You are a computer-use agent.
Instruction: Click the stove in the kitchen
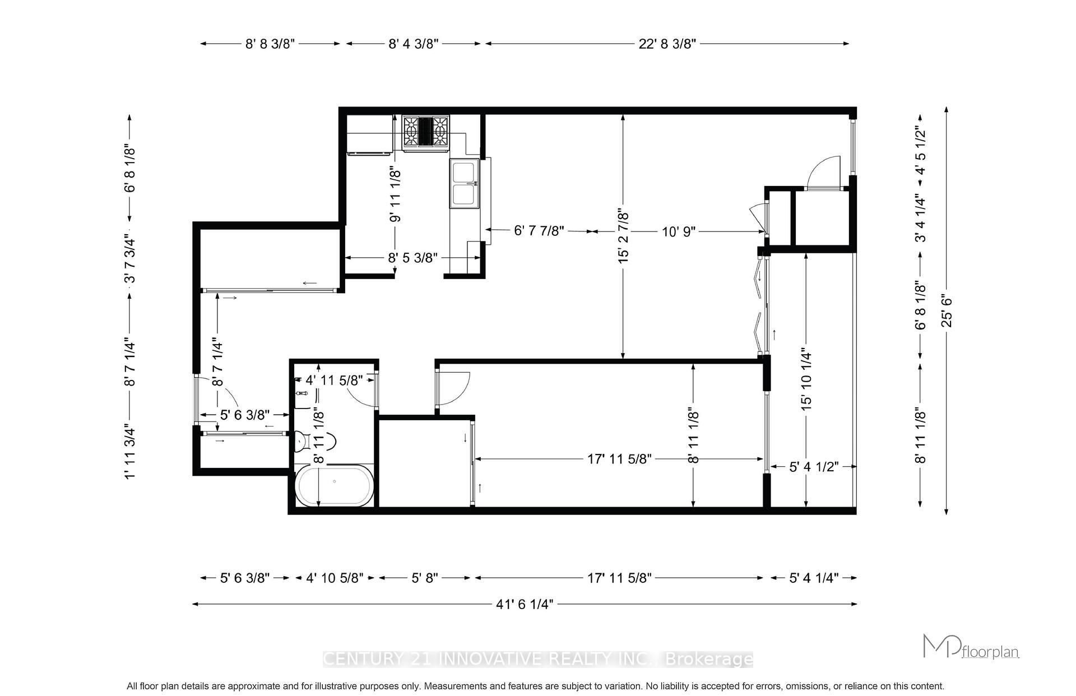click(426, 133)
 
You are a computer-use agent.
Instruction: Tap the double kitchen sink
click(464, 183)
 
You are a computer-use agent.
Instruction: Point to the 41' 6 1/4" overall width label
click(525, 604)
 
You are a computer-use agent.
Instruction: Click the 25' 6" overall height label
click(947, 310)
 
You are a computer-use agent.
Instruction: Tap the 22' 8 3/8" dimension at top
click(667, 44)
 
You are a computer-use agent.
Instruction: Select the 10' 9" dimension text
click(679, 231)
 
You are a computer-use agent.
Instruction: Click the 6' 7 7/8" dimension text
click(539, 231)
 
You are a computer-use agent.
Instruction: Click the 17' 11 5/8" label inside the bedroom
click(619, 459)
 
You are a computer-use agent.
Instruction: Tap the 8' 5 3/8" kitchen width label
click(412, 258)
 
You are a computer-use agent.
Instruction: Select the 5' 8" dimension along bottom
click(425, 578)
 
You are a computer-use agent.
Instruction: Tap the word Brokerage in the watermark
click(708, 660)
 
